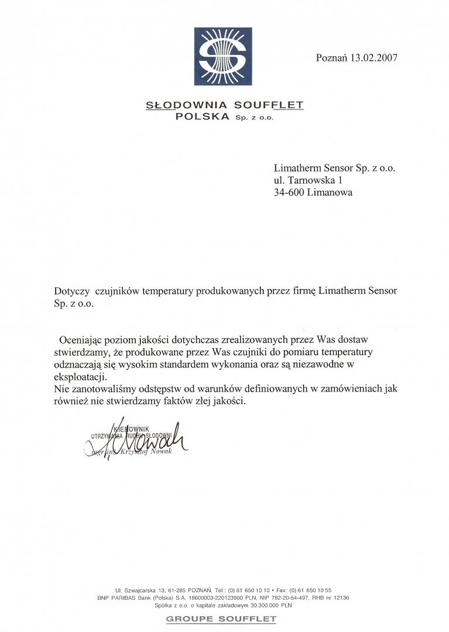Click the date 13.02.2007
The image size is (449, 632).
(374, 58)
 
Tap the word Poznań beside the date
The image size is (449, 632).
(332, 58)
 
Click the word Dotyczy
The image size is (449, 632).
(70, 291)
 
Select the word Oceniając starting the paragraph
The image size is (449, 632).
(81, 339)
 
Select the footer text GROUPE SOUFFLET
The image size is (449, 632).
(221, 619)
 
